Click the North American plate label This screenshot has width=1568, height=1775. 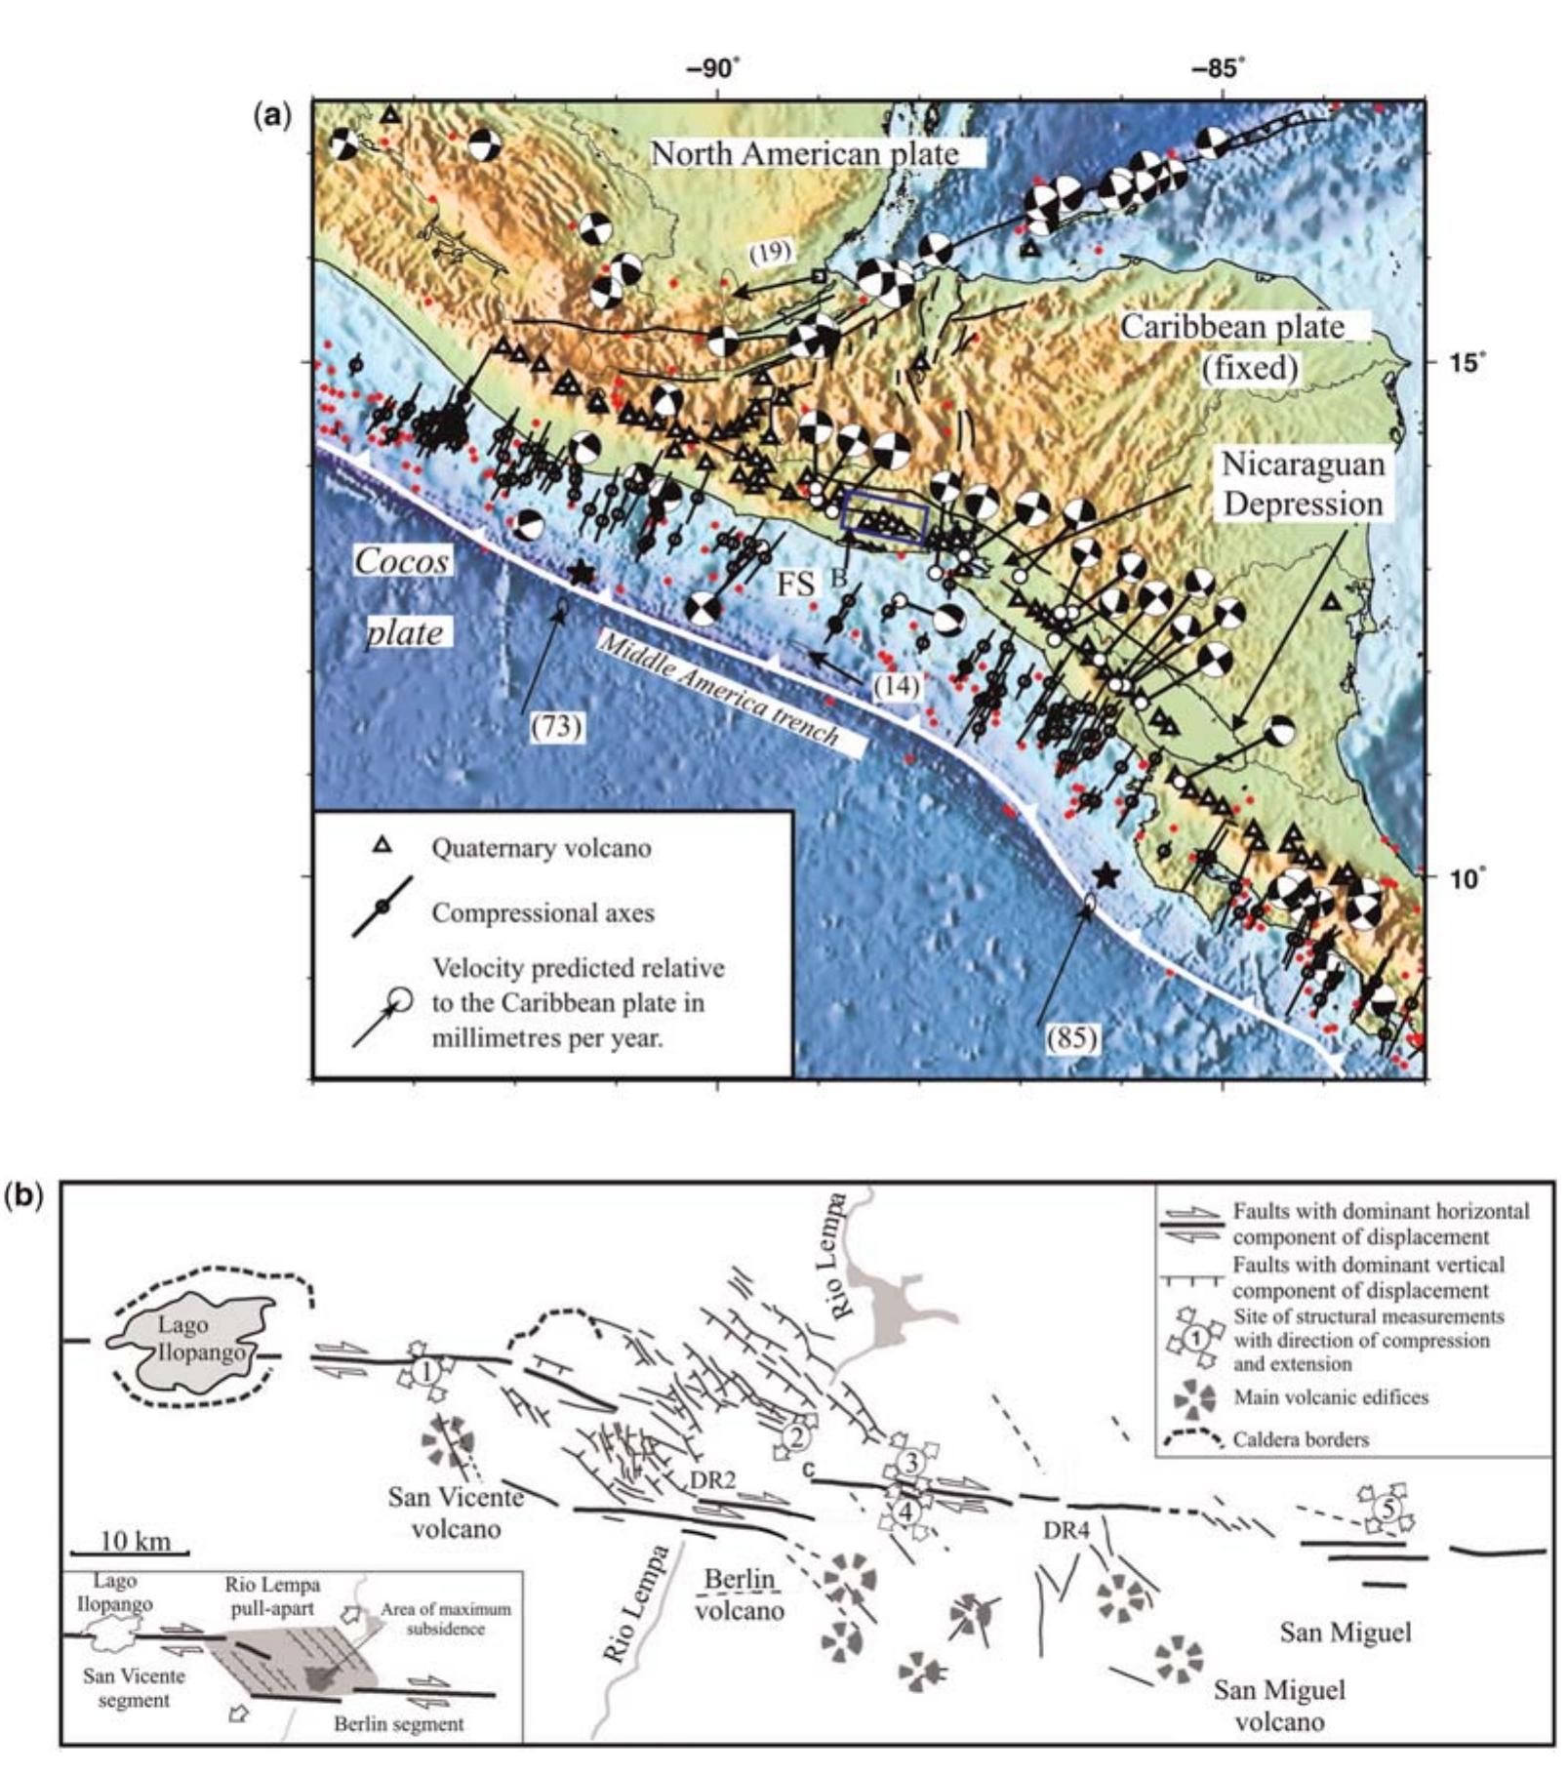coord(805,153)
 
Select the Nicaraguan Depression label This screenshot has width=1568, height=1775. coord(1303,484)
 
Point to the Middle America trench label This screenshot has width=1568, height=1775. coord(718,690)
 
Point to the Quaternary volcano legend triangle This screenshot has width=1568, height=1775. coord(383,846)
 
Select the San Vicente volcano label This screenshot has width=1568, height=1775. coord(455,1512)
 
